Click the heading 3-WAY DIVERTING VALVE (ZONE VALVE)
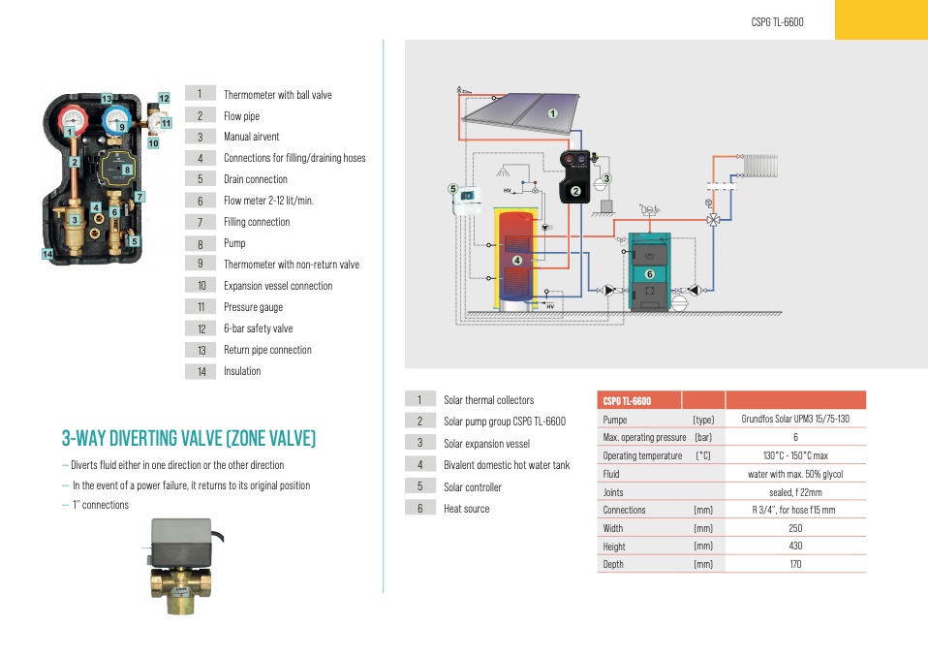click(189, 439)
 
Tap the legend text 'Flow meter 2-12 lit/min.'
click(268, 201)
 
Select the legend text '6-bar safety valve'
click(258, 328)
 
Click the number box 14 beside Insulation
click(201, 371)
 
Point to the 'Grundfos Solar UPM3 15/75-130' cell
click(794, 420)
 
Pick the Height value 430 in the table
click(794, 546)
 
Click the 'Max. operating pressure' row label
click(644, 437)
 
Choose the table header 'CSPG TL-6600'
click(627, 401)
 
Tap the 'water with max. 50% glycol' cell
click(794, 474)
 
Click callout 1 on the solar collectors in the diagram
click(553, 113)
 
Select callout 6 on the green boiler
click(650, 274)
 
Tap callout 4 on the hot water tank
click(517, 260)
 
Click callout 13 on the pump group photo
click(107, 99)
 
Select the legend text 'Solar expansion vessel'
click(486, 443)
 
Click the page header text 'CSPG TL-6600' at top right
click(777, 21)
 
